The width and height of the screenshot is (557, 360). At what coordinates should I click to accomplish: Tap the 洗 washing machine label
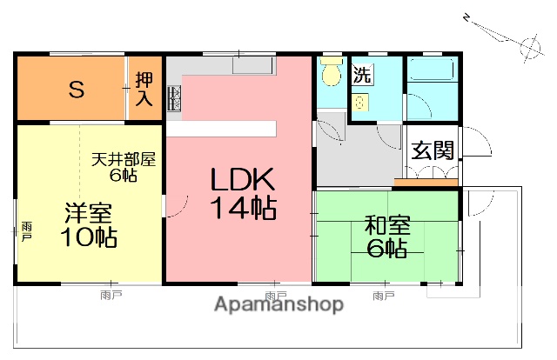coord(361,74)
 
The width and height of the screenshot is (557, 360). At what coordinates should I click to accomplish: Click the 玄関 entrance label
coord(432,150)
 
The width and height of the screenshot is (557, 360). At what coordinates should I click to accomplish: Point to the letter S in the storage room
coord(77,89)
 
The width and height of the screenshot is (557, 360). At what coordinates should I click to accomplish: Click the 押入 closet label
coord(144,89)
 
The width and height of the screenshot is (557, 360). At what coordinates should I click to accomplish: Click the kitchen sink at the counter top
coord(252,65)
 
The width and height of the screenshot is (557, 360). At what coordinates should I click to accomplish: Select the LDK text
coord(243,181)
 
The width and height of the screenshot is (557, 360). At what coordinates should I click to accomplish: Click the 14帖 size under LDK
coord(243,209)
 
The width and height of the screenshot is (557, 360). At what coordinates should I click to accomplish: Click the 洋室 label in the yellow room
coord(89,213)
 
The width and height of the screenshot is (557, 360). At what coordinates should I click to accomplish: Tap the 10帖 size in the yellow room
coord(89,237)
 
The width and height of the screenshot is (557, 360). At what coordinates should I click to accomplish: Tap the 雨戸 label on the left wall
coord(25,230)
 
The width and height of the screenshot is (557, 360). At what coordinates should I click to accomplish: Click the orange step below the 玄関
coord(426,183)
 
